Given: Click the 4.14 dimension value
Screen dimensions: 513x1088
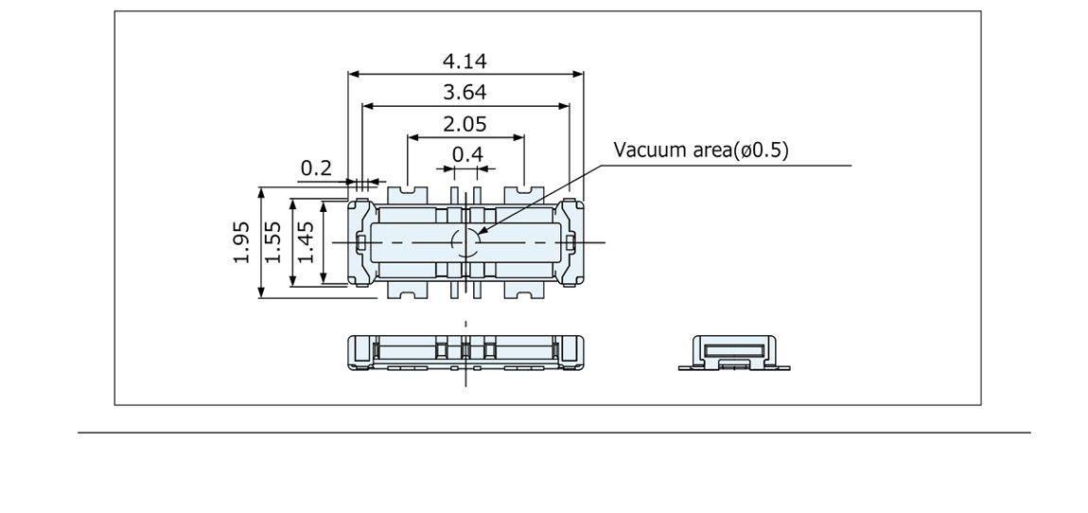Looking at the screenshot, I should tap(465, 62).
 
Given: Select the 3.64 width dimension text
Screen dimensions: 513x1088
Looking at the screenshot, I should tap(465, 93).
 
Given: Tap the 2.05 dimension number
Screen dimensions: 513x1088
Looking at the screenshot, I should tap(465, 124).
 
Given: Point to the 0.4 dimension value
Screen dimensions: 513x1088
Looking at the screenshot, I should tap(466, 154).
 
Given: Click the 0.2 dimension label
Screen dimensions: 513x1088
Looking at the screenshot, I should tap(316, 168).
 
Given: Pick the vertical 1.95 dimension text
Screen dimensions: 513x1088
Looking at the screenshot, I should tap(241, 242).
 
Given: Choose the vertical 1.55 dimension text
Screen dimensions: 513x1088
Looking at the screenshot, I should tap(273, 242).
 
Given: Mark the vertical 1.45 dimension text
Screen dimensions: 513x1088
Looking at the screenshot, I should tap(306, 242).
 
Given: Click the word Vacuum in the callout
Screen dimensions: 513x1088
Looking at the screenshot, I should tap(645, 150).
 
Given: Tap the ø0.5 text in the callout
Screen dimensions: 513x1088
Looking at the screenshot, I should tap(763, 150).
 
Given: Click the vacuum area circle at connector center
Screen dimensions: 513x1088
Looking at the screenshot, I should tap(465, 242).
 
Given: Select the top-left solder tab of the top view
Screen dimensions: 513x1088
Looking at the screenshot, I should tap(407, 193).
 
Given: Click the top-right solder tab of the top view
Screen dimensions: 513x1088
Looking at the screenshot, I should tap(523, 193).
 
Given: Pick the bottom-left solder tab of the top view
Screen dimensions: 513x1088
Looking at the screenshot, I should tap(407, 292).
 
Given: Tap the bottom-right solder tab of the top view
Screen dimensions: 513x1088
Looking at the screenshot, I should tap(523, 292).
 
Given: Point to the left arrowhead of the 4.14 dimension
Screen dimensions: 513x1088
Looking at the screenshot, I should tap(353, 73).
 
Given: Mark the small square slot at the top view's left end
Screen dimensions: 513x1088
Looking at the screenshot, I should tap(362, 243).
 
